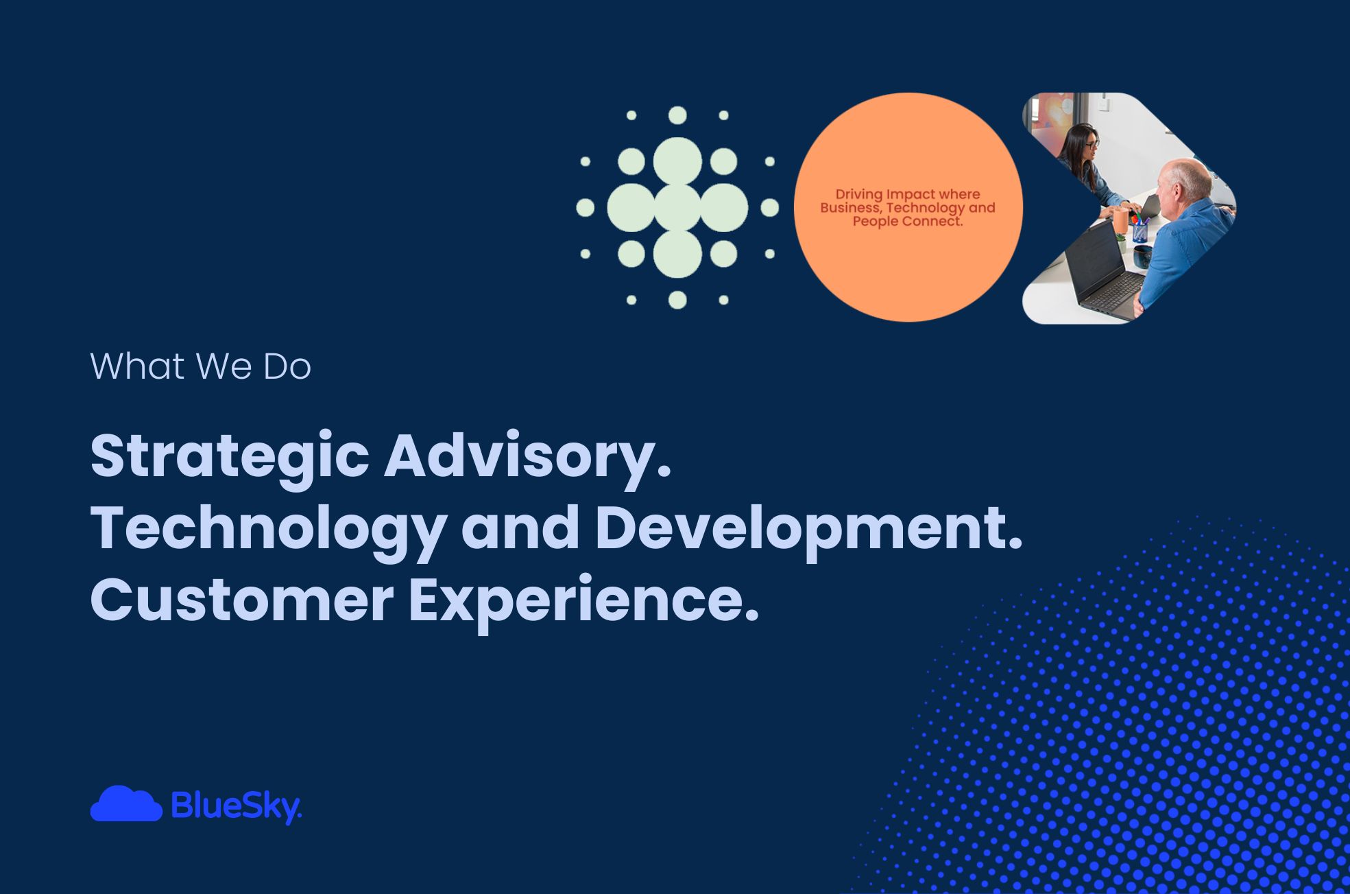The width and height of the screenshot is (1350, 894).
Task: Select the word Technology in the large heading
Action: [x=268, y=529]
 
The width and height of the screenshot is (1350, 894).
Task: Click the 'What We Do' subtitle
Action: [x=200, y=366]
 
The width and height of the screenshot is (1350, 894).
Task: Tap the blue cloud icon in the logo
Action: [x=126, y=803]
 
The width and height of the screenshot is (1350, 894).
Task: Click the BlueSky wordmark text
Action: [x=236, y=806]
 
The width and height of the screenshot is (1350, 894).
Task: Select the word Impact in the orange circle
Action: [x=911, y=194]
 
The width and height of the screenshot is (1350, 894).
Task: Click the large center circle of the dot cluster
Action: [x=677, y=207]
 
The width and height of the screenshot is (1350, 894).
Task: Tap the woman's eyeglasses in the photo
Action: [x=1092, y=144]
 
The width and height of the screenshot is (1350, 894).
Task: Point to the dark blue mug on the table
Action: [x=1143, y=257]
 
